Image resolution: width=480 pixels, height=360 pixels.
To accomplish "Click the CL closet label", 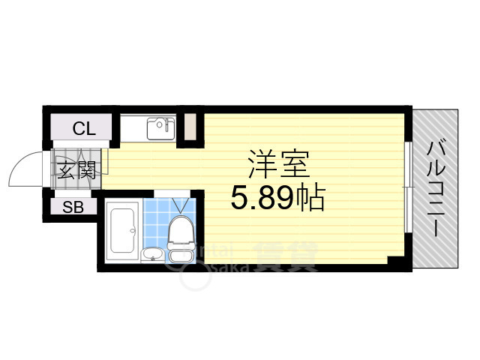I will click(84, 128).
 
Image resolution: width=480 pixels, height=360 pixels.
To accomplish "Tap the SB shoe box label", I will click(73, 208).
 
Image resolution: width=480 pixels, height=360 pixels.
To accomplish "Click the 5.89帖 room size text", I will click(277, 198).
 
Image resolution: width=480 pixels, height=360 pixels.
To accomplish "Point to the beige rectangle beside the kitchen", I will click(191, 127).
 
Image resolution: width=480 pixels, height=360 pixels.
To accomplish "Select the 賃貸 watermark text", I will click(285, 257).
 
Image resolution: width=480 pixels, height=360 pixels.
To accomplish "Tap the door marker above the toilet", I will click(179, 204).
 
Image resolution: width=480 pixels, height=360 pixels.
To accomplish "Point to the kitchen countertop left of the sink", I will click(133, 129).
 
